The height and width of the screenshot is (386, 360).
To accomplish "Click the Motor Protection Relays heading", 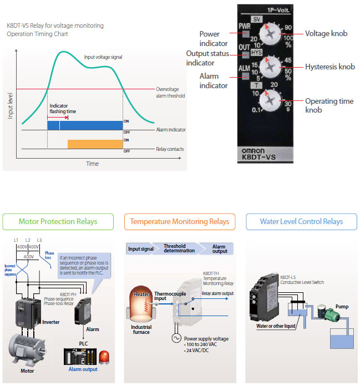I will click(x=58, y=221).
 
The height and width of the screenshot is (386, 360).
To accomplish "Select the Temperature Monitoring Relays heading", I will click(x=179, y=222).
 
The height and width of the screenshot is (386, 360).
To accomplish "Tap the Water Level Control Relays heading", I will click(x=301, y=222).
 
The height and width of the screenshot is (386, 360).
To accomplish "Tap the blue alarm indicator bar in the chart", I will click(x=84, y=125).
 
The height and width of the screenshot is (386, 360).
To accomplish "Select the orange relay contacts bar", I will click(x=95, y=144).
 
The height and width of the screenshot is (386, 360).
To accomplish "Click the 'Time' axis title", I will click(x=92, y=164).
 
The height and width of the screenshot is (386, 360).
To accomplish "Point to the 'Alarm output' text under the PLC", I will click(x=83, y=369).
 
